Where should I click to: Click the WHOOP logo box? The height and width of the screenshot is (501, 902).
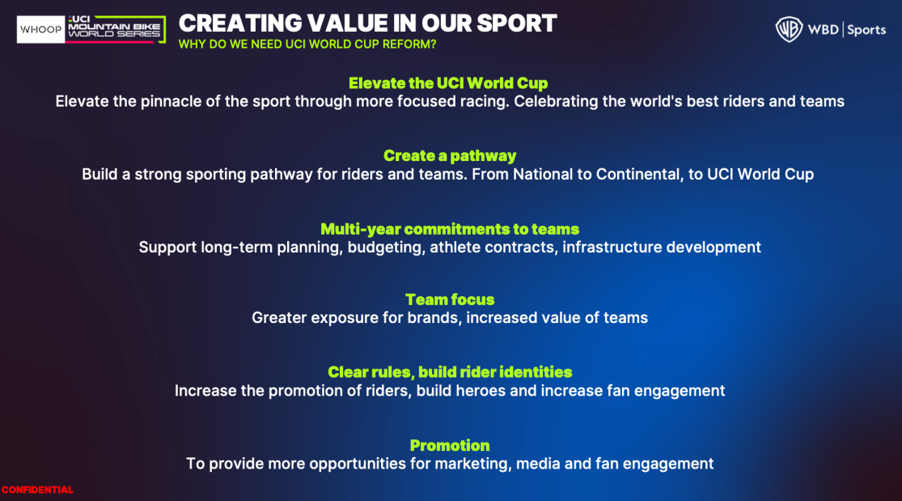40,29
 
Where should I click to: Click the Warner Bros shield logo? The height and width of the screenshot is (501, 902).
789,29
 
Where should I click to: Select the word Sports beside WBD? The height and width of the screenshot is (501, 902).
866,30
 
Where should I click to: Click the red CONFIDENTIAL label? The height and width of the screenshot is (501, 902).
37,490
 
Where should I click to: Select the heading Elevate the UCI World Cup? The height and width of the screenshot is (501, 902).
448,83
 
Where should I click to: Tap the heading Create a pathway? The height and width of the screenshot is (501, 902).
450,156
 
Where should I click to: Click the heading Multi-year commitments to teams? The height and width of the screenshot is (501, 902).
450,229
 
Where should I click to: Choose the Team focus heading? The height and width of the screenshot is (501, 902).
450,299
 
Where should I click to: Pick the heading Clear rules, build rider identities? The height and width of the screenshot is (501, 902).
450,372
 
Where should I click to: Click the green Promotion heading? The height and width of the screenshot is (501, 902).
450,446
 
